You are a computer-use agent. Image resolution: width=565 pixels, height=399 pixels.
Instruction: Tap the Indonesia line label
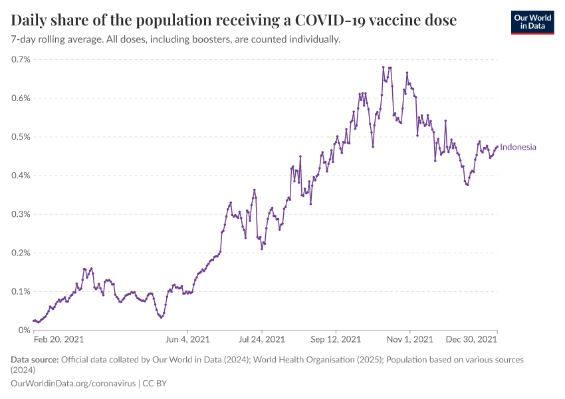pyautogui.click(x=518, y=148)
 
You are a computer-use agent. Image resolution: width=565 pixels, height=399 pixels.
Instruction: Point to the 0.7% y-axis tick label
pyautogui.click(x=21, y=59)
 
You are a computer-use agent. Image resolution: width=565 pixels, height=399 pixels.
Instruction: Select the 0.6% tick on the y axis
pyautogui.click(x=21, y=98)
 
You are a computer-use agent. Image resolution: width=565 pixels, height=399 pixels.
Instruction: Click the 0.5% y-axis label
pyautogui.click(x=21, y=136)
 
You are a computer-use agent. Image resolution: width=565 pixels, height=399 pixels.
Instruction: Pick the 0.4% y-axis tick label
pyautogui.click(x=21, y=175)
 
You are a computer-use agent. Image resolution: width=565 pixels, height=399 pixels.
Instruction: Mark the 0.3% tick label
pyautogui.click(x=21, y=214)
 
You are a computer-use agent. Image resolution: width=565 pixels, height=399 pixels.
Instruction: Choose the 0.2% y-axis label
pyautogui.click(x=21, y=253)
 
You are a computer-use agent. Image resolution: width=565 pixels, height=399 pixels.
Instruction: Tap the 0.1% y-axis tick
pyautogui.click(x=21, y=291)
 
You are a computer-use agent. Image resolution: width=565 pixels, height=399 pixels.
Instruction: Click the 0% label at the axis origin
pyautogui.click(x=24, y=330)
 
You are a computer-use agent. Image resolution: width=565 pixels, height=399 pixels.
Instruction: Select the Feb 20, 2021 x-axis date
pyautogui.click(x=59, y=340)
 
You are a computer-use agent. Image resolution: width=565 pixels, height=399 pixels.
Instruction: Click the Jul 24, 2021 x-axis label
pyautogui.click(x=262, y=340)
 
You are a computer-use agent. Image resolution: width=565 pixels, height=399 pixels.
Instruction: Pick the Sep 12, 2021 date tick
pyautogui.click(x=336, y=340)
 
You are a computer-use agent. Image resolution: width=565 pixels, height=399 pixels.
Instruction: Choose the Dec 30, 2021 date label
pyautogui.click(x=472, y=340)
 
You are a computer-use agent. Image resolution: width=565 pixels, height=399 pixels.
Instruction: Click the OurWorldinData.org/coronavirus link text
pyautogui.click(x=73, y=384)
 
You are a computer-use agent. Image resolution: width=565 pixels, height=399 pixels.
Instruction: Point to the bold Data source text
pyautogui.click(x=35, y=360)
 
